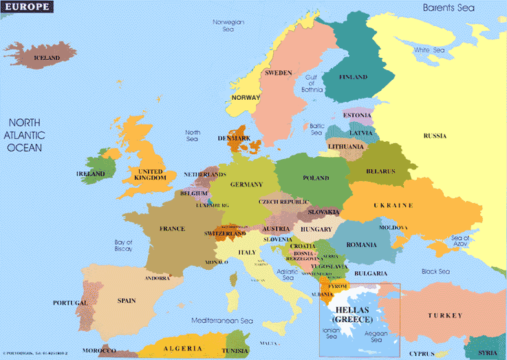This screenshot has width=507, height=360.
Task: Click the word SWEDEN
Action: point(279,72)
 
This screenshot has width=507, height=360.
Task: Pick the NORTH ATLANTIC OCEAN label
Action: point(25,135)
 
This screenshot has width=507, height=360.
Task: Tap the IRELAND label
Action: point(90,174)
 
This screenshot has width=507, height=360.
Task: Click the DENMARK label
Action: point(234,138)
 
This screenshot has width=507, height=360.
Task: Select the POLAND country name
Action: point(316,178)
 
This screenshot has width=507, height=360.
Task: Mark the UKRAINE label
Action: point(393,206)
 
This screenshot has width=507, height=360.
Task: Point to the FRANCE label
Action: point(172,229)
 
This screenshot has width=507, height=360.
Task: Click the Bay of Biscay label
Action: point(124,246)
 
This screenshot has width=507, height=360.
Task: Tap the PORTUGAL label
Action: point(70,303)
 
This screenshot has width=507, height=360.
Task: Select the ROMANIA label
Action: point(362,245)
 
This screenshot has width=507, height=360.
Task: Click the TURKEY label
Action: point(445,315)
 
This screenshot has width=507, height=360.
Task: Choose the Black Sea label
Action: point(435,271)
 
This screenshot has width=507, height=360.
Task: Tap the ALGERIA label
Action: point(183,348)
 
